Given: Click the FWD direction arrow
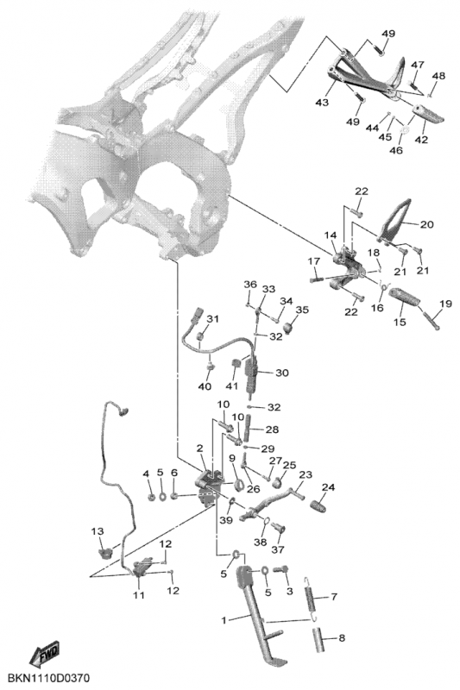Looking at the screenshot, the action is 45,655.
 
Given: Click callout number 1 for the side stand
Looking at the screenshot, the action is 224,620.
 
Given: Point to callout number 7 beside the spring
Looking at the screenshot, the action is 334,597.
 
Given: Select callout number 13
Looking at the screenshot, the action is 98,531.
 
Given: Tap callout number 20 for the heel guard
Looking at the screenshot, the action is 426,224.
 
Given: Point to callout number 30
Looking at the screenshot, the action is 282,373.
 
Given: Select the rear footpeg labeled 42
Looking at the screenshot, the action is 427,114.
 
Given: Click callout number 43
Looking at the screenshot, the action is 322,103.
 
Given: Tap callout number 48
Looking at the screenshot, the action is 438,76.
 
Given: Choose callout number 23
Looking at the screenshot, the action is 306,475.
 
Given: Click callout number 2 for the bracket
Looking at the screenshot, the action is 200,448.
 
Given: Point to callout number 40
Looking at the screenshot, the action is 205,386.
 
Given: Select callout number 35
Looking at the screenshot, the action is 302,310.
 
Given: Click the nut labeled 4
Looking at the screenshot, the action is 149,498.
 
